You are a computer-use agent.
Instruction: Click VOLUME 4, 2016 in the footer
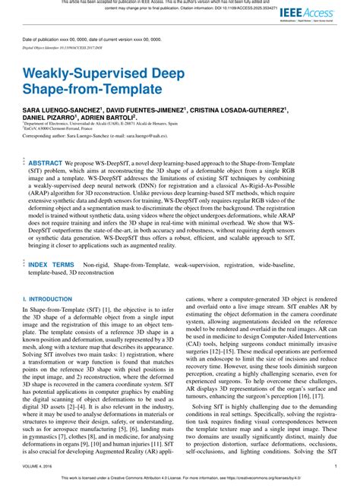point(37,466)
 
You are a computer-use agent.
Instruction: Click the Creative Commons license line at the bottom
point(180,480)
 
